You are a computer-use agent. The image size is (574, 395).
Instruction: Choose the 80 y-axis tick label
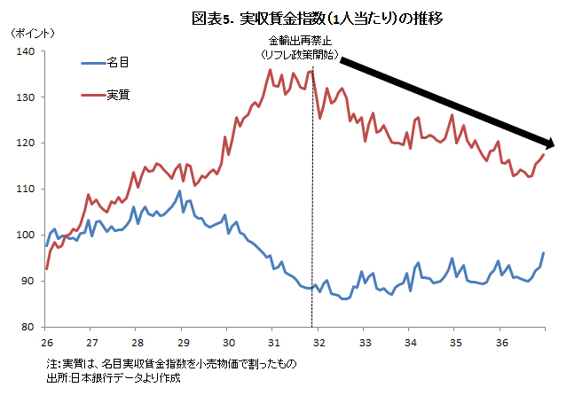28,327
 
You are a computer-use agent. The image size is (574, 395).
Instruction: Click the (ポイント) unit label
32,33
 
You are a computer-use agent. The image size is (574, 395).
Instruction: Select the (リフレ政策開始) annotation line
302,54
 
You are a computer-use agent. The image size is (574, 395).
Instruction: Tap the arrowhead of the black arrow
547,143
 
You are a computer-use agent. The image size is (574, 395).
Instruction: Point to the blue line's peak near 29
180,191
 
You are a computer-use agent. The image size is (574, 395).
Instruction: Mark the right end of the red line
543,155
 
